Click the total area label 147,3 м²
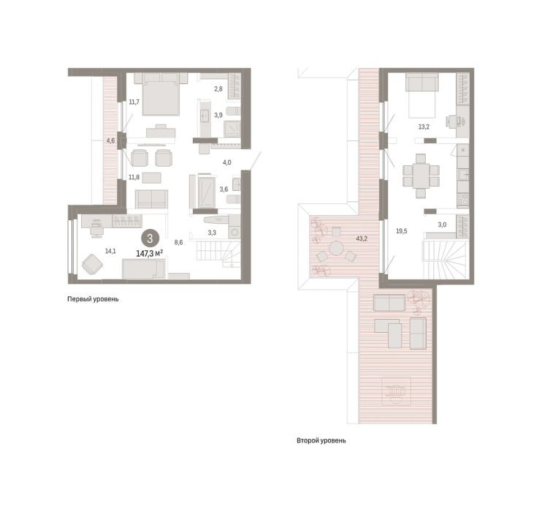point(149,254)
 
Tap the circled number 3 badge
point(150,238)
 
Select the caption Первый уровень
point(93,299)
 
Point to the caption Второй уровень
point(321,441)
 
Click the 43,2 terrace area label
point(362,238)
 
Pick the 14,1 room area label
point(110,252)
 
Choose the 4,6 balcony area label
point(110,140)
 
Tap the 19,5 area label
point(401,231)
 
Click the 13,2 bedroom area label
point(424,127)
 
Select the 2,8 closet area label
point(218,89)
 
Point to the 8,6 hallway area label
point(178,243)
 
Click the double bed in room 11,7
point(161,94)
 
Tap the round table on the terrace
point(336,248)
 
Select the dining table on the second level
point(421,176)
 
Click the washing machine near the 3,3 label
point(234,231)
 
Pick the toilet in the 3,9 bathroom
point(233,111)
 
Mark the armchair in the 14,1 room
point(92,265)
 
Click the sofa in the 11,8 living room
point(151,199)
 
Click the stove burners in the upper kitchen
point(463,200)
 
